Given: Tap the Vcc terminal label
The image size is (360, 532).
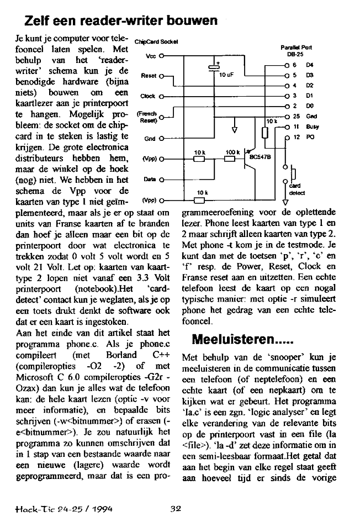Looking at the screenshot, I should [x=150, y=56].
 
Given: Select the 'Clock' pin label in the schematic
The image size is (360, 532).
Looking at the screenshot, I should [x=147, y=96].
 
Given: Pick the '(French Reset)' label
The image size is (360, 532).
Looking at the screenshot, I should [x=145, y=117].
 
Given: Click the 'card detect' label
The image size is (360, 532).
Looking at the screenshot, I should [x=297, y=189].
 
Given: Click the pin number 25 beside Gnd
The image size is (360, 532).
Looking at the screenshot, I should [x=297, y=117].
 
